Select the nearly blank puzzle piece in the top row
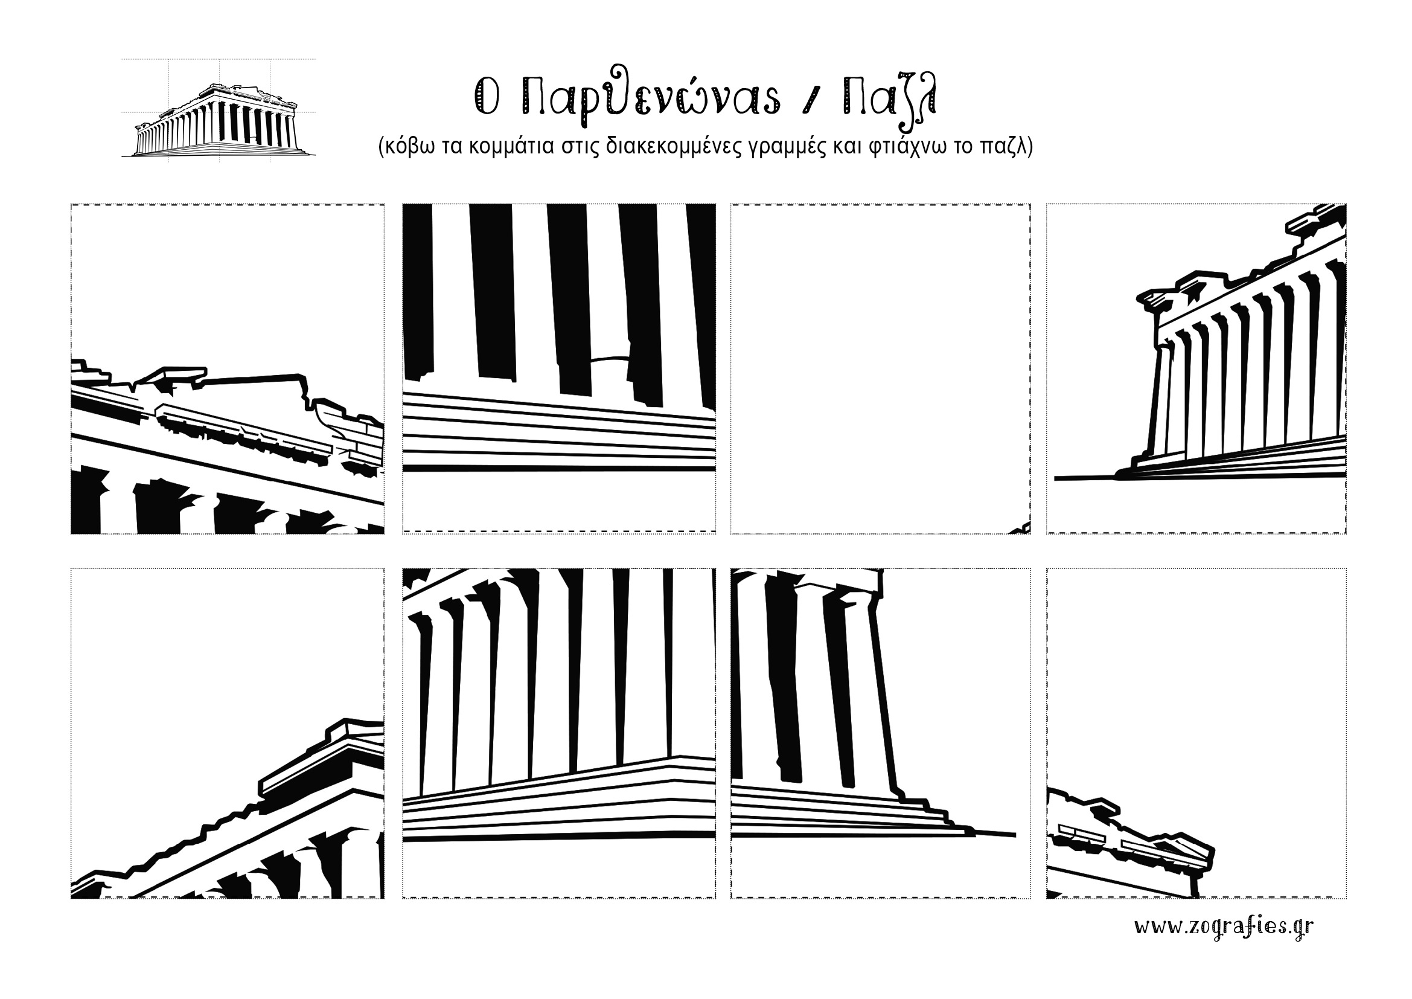coord(881,368)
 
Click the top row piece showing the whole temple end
coord(1196,368)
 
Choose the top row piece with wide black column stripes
coord(559,368)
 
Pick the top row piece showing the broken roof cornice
coord(228,368)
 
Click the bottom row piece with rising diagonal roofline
coord(228,733)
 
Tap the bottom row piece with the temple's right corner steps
coord(881,733)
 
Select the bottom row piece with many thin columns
coord(559,733)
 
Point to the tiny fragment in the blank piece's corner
coord(1019,528)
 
